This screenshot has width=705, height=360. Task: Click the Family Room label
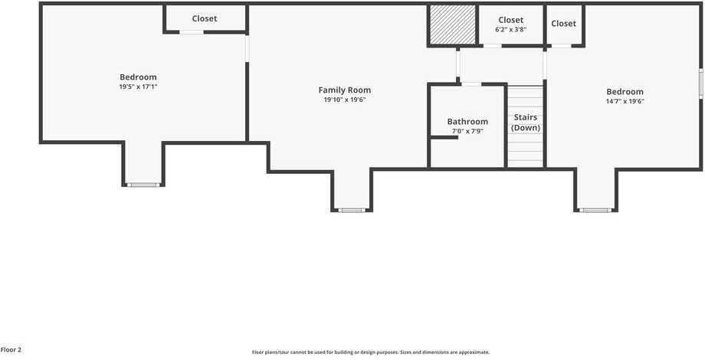(x=344, y=90)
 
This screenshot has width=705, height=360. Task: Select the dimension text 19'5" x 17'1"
(x=138, y=87)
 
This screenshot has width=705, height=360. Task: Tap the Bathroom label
(x=467, y=121)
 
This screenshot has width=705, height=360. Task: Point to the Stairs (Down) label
(x=526, y=123)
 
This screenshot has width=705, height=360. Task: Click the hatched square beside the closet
(x=452, y=25)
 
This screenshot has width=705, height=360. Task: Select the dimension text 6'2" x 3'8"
(x=510, y=29)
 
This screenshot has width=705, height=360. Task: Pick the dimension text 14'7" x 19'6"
(x=625, y=101)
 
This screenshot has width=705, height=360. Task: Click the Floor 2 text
(x=11, y=349)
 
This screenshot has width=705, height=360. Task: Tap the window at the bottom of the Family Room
(x=352, y=210)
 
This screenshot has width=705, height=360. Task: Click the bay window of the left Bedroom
(x=143, y=185)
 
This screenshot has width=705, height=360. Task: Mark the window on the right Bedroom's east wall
(x=701, y=83)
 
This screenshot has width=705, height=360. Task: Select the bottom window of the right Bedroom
(x=595, y=210)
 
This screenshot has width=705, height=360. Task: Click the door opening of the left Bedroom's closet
(x=192, y=32)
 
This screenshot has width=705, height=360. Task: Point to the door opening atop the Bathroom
(x=471, y=83)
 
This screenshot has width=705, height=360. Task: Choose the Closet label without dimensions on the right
(x=563, y=23)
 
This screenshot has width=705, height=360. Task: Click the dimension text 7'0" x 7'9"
(x=467, y=131)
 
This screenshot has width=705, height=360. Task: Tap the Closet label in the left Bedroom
(x=205, y=18)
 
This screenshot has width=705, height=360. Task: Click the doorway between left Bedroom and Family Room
(x=247, y=47)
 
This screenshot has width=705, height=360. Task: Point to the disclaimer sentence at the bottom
(x=370, y=352)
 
